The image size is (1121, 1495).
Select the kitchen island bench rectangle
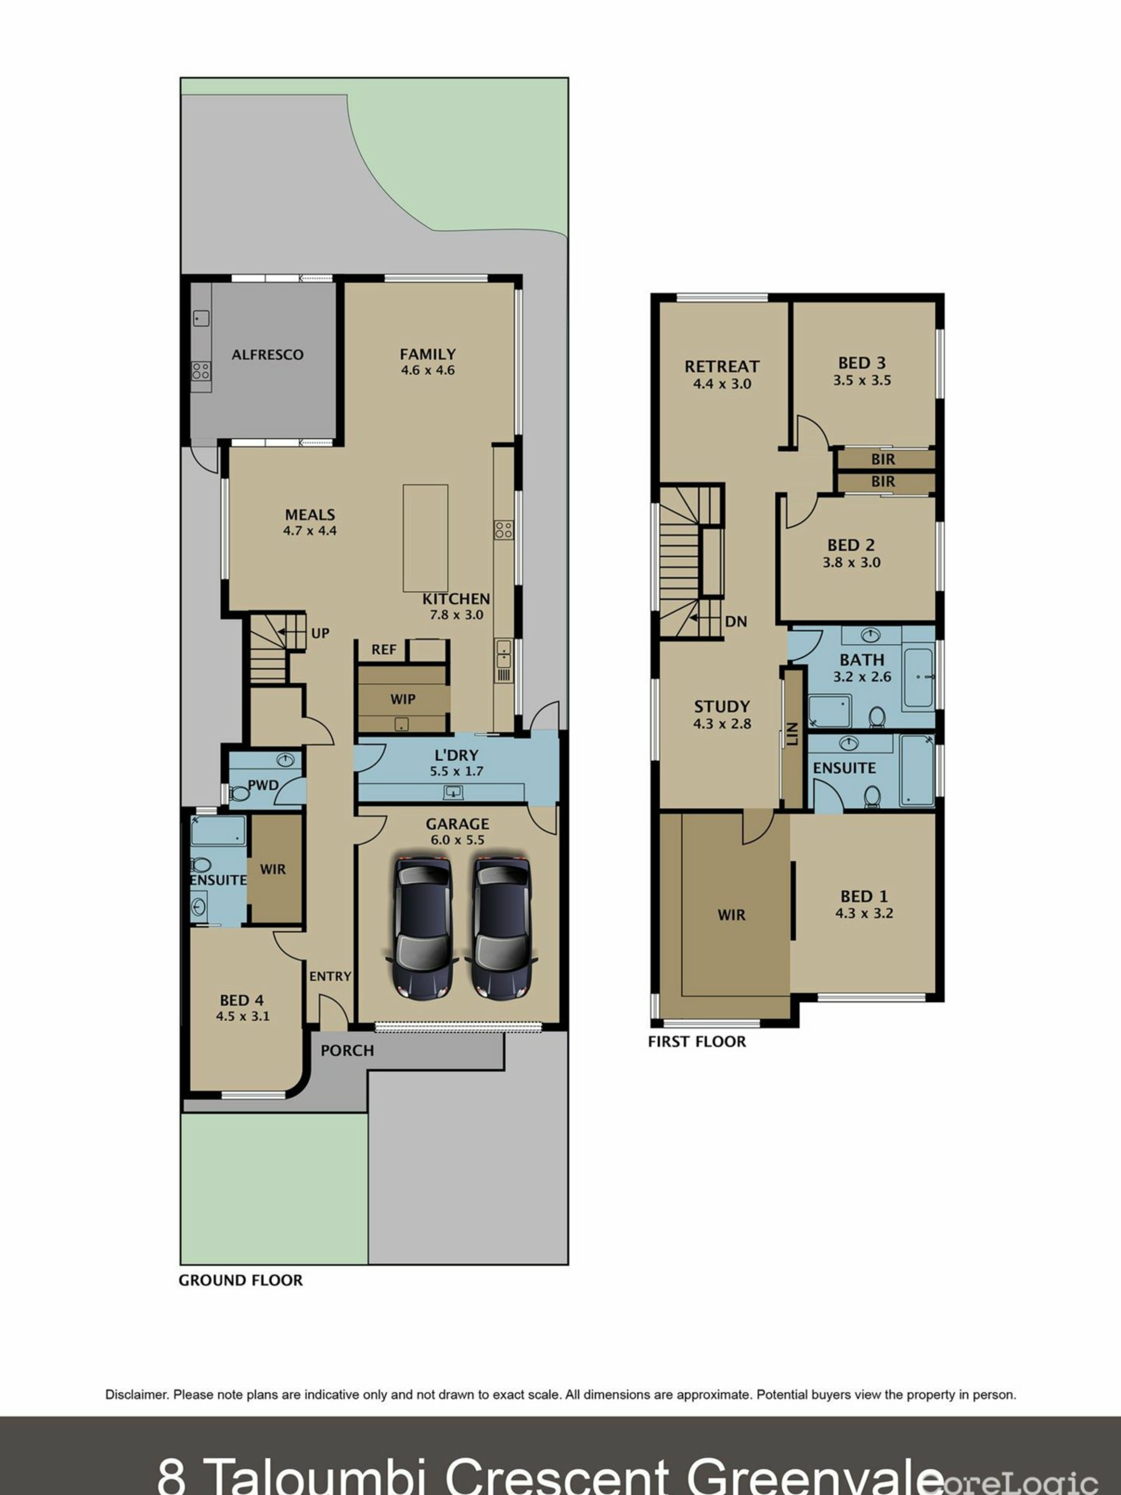coord(426,538)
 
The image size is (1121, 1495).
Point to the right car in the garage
coord(500,929)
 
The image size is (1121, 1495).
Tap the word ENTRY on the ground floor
coord(330,976)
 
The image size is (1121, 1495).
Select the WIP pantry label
coord(403,699)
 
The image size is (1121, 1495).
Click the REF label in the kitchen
coord(384,649)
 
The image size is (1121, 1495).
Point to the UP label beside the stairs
coord(321,633)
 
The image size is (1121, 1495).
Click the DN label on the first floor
coord(736,621)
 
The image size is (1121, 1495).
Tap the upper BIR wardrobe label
coord(883,459)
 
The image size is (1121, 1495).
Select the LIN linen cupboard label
coord(793,734)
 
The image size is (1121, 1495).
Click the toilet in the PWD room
coord(239,793)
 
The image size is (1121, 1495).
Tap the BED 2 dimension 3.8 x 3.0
coord(851,562)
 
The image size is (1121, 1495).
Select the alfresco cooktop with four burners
coord(201,370)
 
